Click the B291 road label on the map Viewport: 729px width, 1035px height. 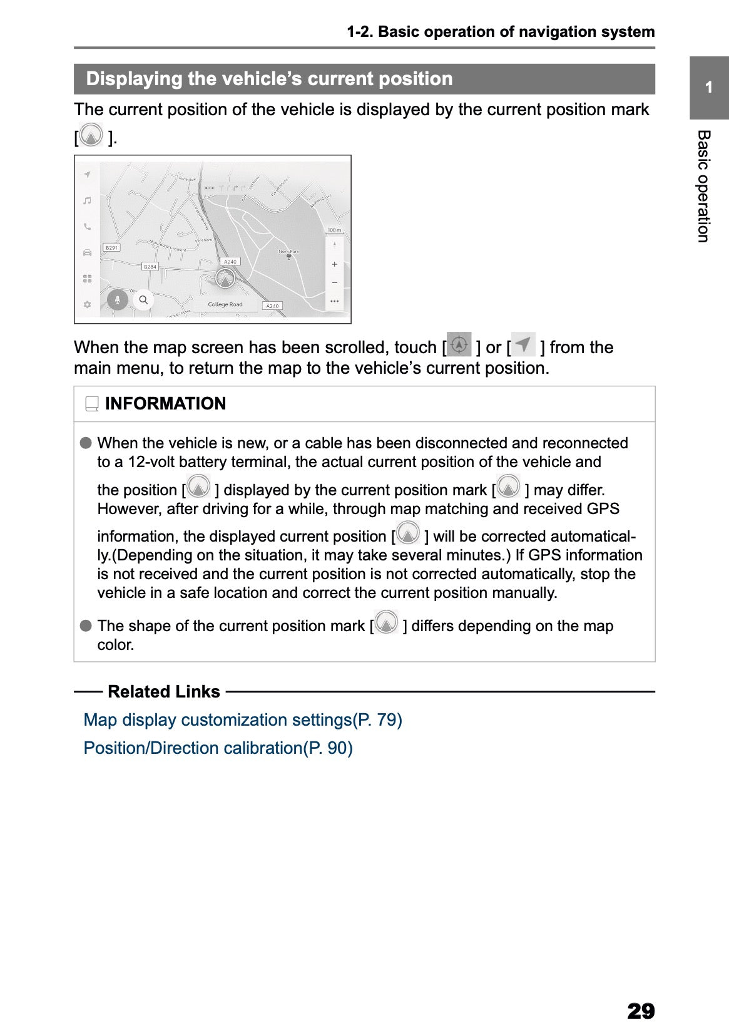111,247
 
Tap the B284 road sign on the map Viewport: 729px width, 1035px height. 150,267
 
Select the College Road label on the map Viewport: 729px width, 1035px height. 225,304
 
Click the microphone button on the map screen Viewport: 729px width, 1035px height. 117,300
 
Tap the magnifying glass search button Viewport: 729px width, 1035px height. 143,300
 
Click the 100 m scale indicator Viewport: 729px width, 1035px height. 334,230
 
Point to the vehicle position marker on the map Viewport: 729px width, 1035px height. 225,278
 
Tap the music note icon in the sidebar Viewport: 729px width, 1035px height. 87,200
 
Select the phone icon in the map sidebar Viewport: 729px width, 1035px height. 87,227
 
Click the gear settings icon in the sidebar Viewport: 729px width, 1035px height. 87,304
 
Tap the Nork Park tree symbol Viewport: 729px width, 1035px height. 288,257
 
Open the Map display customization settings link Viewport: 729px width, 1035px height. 243,720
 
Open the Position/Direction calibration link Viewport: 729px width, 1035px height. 218,748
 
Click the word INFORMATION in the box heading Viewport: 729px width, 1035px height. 165,404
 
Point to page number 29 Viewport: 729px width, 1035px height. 640,1011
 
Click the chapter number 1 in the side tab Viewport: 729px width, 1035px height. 708,88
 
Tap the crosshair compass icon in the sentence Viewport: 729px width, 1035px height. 459,345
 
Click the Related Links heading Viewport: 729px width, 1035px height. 164,692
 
